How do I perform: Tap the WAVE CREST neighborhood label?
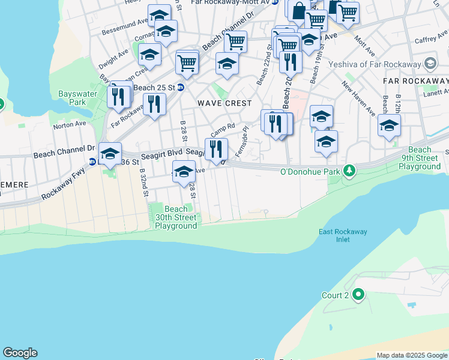[x=224, y=103]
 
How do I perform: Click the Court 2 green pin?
[x=359, y=295]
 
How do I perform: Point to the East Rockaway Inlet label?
[x=343, y=236]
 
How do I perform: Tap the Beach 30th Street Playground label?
[x=176, y=217]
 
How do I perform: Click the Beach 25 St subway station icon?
[x=180, y=88]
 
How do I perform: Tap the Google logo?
[x=20, y=353]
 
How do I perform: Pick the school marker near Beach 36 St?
[x=110, y=154]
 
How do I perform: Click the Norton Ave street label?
[x=70, y=126]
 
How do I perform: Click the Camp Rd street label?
[x=223, y=129]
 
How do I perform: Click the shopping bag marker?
[x=299, y=11]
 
